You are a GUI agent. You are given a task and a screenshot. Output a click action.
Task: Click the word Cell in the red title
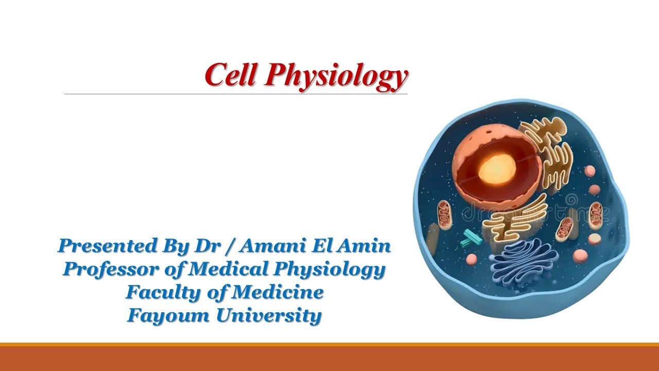click(230, 75)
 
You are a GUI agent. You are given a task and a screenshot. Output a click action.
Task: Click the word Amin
click(367, 246)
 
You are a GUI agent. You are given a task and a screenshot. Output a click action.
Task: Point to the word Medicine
click(278, 292)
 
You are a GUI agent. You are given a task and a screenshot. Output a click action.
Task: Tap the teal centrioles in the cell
click(471, 237)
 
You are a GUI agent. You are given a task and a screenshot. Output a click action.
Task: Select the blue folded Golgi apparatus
click(523, 263)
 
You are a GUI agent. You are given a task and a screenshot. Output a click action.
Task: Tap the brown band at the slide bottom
click(329, 358)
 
